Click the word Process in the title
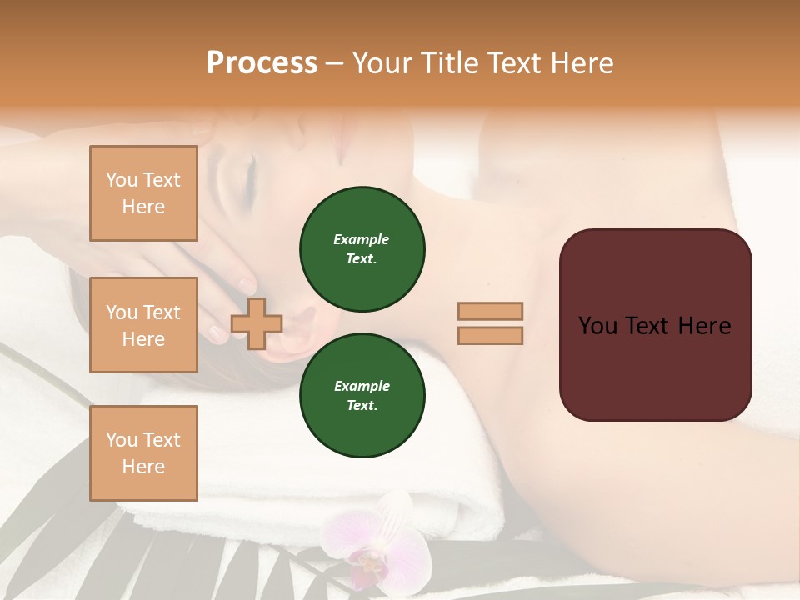tap(262, 63)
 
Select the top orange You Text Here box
tap(143, 193)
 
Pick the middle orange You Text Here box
tap(143, 325)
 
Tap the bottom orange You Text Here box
tap(143, 453)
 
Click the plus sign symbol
tap(257, 323)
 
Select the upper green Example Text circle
tap(362, 249)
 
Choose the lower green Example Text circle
tap(362, 396)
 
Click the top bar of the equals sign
tap(490, 312)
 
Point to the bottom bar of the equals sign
tap(490, 336)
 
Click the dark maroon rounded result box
tap(655, 325)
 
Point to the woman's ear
tap(304, 325)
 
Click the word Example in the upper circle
tap(362, 240)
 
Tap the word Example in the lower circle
tap(362, 387)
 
